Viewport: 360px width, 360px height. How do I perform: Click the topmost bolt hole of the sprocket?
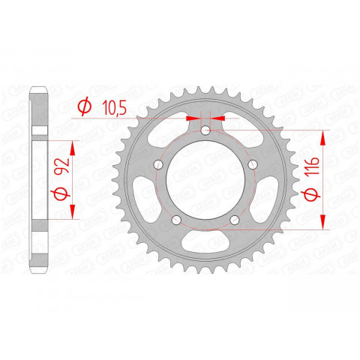point(205,133)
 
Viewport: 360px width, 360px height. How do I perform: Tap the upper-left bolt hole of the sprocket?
point(158,166)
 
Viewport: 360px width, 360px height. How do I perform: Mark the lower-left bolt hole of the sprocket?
point(175,220)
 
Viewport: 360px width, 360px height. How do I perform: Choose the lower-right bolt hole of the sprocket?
point(235,220)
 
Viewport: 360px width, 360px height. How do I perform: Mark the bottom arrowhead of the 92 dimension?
point(73,213)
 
